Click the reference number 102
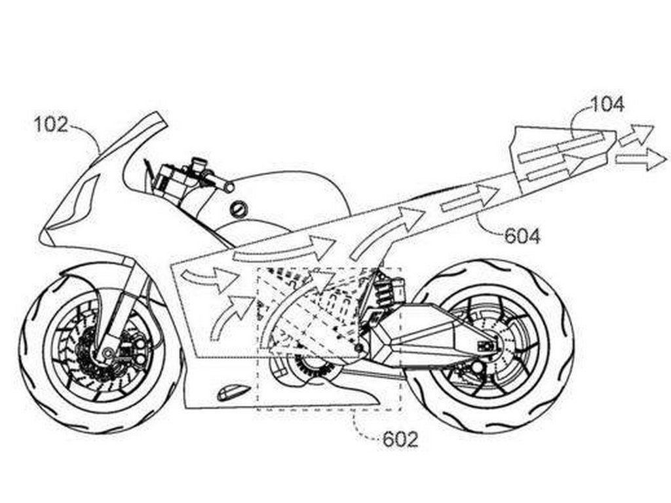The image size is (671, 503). (50, 125)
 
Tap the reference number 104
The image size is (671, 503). (607, 104)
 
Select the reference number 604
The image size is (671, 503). (522, 236)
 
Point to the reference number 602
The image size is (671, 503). (400, 439)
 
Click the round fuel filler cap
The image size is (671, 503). (239, 209)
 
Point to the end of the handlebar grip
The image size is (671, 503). (229, 187)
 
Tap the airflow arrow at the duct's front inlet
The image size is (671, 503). (210, 278)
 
